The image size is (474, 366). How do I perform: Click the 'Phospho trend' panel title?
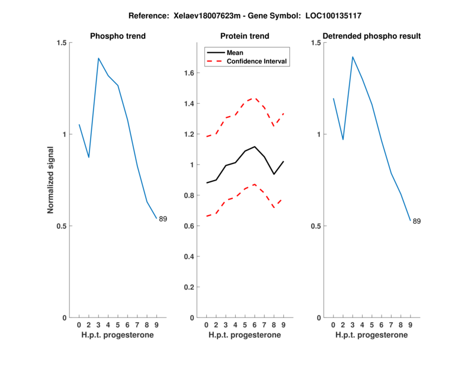[x=117, y=36]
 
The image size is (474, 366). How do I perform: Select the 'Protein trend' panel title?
[x=245, y=36]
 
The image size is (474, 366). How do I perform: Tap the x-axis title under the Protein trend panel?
[x=245, y=335]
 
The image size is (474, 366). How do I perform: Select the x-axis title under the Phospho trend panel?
[x=117, y=335]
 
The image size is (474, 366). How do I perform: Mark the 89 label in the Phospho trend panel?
[x=163, y=219]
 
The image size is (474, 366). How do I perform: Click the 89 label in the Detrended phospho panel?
[x=417, y=221]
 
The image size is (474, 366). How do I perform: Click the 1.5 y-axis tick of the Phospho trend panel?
[x=62, y=43]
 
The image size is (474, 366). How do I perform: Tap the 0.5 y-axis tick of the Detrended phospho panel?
[x=316, y=226]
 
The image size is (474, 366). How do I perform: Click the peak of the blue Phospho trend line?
[x=98, y=58]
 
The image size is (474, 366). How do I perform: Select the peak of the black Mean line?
[x=254, y=146]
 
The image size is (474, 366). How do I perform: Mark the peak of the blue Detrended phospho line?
[x=353, y=57]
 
